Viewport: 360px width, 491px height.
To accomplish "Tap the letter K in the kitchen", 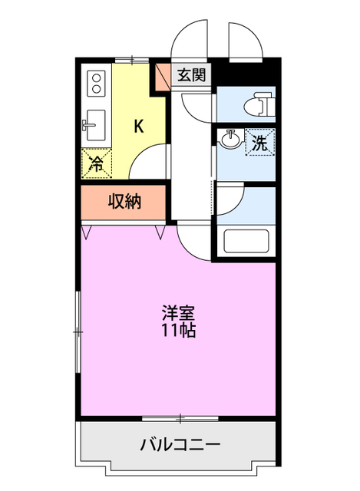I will tap(138, 127).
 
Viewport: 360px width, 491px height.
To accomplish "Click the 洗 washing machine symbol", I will tap(260, 142).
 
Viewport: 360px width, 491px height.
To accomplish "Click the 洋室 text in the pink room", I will tap(178, 314).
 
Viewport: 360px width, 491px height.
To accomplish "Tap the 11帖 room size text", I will tap(178, 331).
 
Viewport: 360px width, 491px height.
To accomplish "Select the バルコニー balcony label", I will tap(180, 444).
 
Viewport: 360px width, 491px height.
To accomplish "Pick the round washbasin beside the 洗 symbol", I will tap(230, 140).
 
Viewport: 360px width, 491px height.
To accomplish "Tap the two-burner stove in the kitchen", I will tap(96, 81).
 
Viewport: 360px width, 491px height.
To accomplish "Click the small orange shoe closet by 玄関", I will tap(163, 77).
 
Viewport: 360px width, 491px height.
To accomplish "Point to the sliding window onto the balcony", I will tap(180, 418).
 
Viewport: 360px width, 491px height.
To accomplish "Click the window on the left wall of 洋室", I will tap(78, 330).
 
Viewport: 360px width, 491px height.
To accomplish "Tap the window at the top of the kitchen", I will tap(131, 59).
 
